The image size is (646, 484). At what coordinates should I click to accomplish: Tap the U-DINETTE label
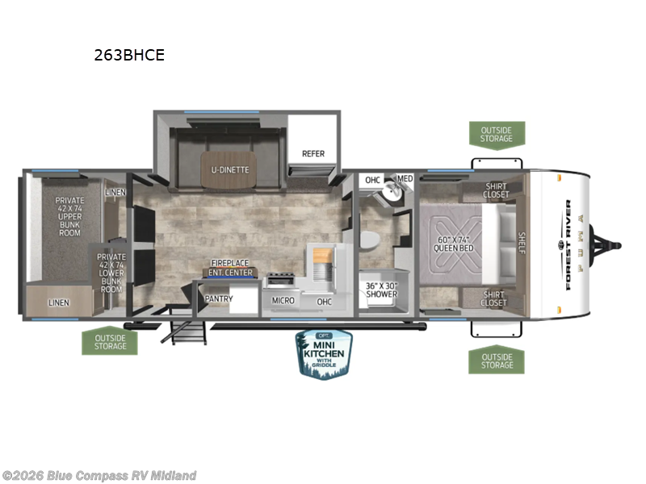(231, 169)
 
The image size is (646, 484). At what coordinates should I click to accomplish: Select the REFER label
(313, 153)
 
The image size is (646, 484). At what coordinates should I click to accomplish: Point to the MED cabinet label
(405, 179)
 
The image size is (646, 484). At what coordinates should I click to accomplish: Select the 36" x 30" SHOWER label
(381, 290)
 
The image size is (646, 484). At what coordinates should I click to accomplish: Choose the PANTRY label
(219, 299)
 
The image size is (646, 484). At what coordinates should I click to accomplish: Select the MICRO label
(283, 301)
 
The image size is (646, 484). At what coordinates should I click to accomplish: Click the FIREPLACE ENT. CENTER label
(231, 268)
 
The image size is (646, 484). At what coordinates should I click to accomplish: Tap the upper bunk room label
(69, 215)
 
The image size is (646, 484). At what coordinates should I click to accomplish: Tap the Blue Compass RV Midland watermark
(99, 476)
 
